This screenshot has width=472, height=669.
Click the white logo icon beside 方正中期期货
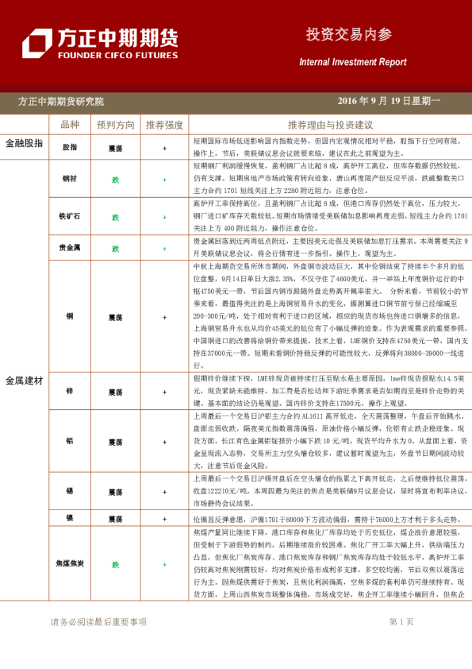click(36, 44)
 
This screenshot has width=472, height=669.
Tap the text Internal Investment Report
click(352, 62)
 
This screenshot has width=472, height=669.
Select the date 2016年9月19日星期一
click(389, 102)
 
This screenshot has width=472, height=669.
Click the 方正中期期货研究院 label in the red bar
click(61, 102)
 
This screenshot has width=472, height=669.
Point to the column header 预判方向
click(116, 126)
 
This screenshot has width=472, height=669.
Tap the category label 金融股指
click(24, 143)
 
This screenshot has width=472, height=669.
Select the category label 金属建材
click(24, 381)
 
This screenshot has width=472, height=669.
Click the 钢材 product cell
click(70, 180)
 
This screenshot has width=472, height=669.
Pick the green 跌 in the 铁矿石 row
click(115, 216)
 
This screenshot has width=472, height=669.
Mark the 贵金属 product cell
click(70, 248)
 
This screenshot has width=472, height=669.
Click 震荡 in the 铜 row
click(115, 316)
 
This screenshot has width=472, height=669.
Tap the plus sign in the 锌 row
click(164, 392)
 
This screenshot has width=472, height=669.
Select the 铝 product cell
click(70, 442)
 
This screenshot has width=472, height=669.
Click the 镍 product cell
click(70, 518)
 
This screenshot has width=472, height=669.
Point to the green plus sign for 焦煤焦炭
click(164, 565)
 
